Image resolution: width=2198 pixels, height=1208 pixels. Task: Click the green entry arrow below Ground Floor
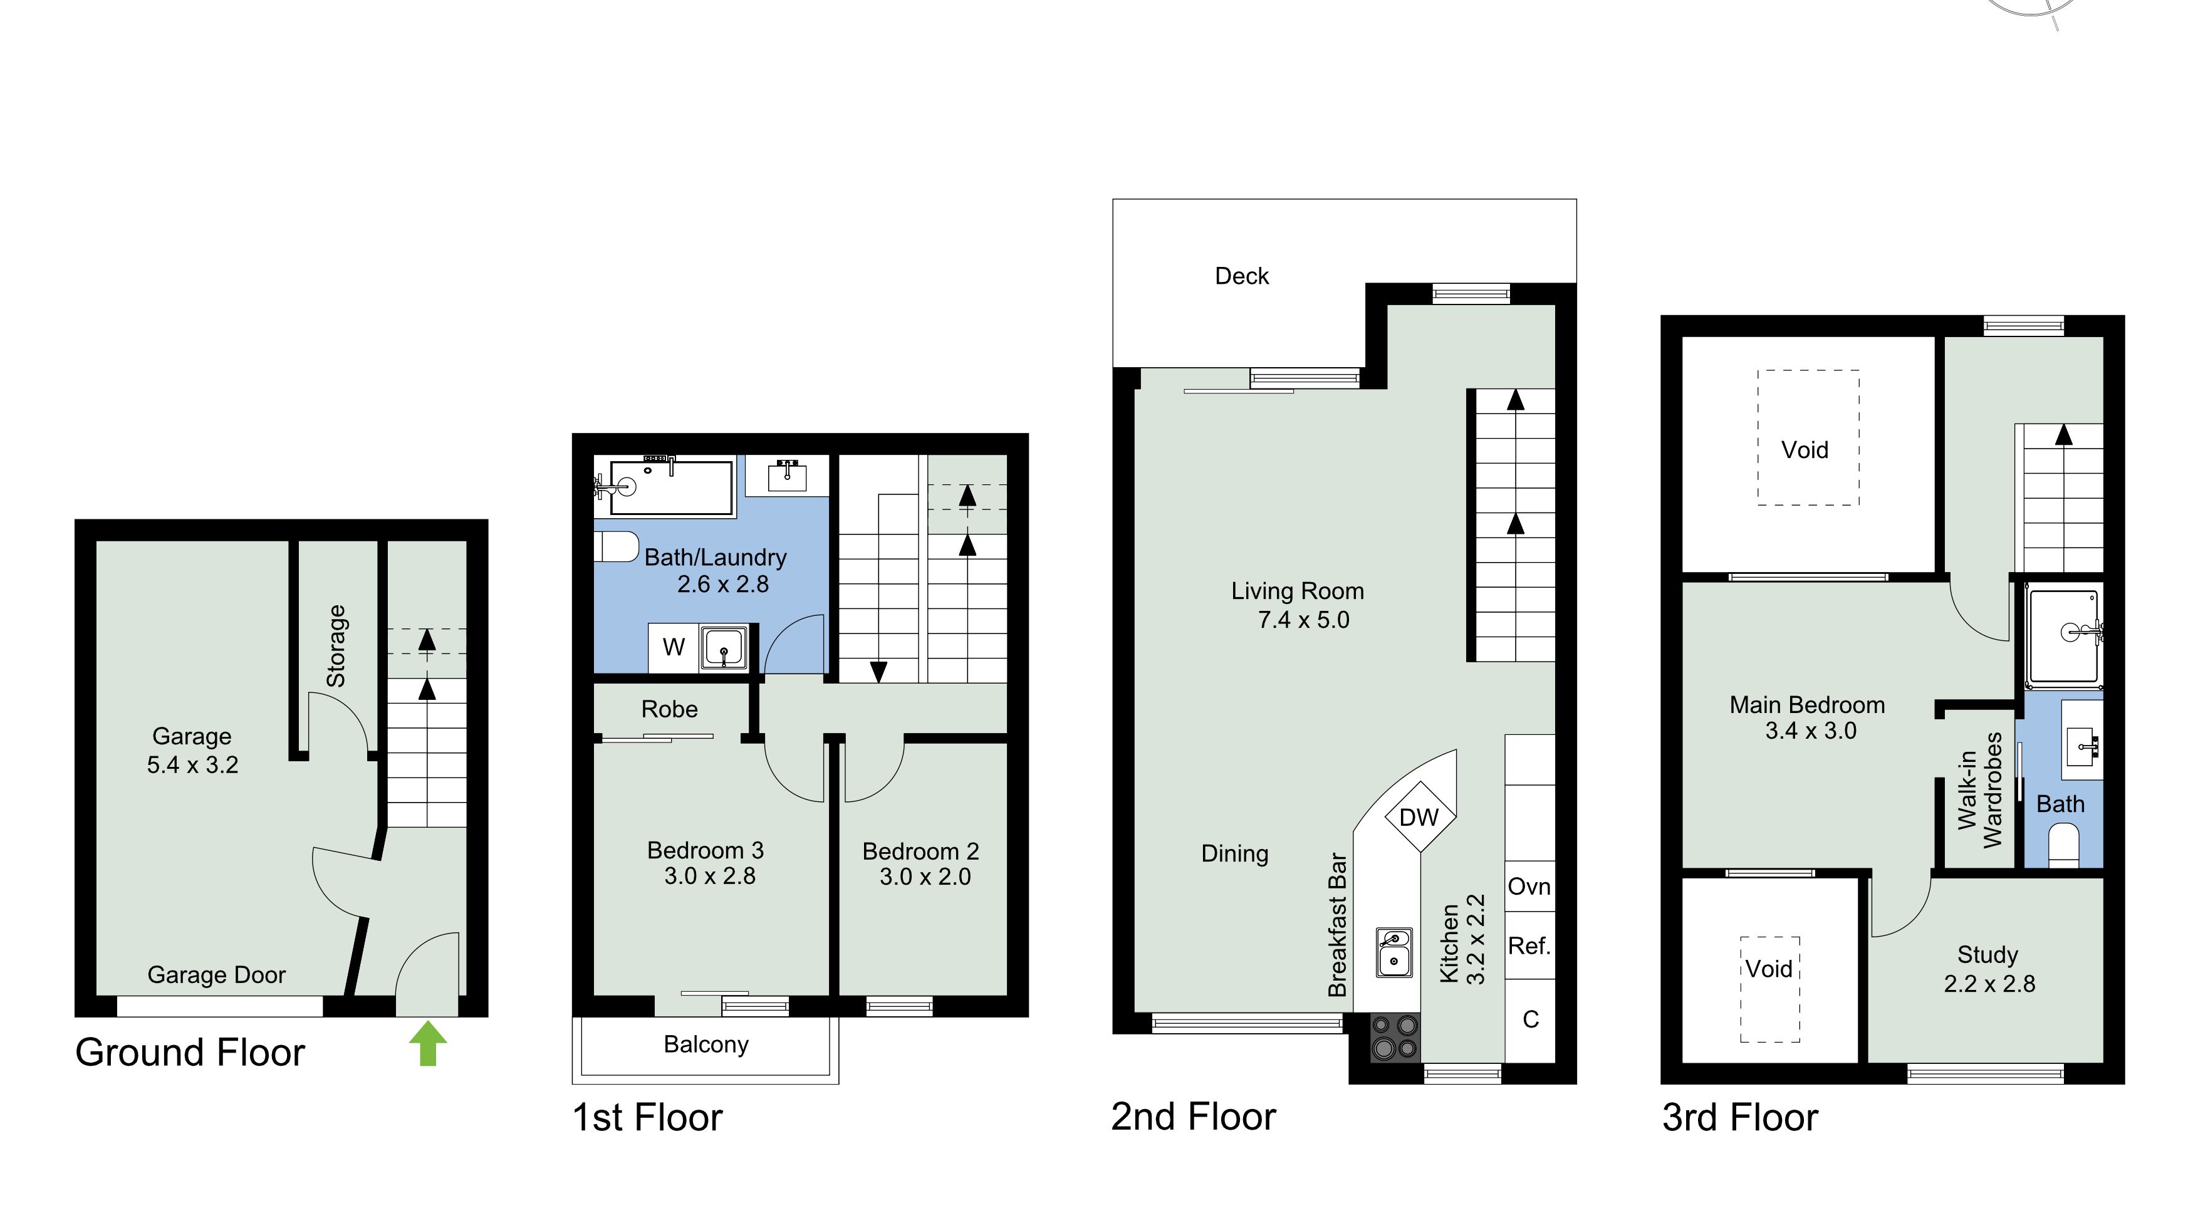427,1044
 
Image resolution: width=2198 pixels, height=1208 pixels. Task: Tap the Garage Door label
216,974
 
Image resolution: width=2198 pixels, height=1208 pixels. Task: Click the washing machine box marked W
673,647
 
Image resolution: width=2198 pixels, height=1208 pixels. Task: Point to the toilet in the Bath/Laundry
616,547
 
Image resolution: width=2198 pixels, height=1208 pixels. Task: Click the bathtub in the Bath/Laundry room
670,487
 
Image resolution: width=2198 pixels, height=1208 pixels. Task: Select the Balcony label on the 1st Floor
706,1044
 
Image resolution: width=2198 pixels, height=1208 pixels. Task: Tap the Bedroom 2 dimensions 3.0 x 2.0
925,877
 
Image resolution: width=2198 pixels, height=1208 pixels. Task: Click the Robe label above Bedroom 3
669,709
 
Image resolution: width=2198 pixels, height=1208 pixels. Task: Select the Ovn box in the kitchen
1529,887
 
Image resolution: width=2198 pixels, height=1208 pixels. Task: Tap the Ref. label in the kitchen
1529,945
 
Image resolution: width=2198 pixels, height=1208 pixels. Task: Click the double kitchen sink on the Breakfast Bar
1393,952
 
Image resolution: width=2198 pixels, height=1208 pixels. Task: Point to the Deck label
1241,276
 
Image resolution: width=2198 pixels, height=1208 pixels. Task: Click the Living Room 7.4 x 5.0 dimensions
1303,620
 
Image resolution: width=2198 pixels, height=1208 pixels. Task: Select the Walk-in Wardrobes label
1979,791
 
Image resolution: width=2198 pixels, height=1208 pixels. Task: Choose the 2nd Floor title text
1193,1117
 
